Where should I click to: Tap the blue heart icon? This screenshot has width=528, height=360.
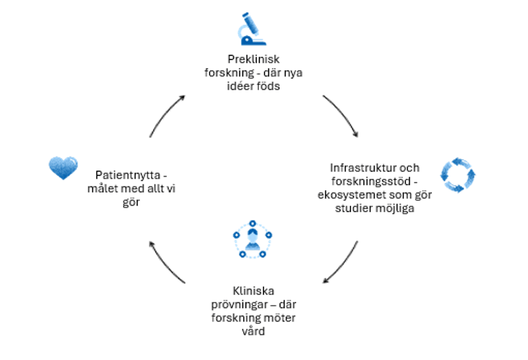63,167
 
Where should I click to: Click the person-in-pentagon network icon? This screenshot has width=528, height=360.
252,239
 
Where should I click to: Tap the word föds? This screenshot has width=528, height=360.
270,86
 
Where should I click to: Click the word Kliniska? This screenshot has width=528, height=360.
253,291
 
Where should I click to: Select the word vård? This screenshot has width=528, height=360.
253,331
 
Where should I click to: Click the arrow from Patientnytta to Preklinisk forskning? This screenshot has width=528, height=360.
165,114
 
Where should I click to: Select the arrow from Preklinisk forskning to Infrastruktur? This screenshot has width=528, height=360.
341,115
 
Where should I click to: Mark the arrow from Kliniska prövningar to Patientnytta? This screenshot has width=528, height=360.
166,263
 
